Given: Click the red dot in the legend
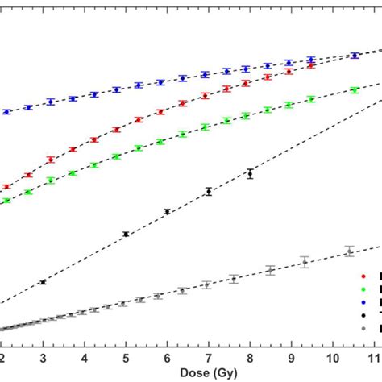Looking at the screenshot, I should pyautogui.click(x=362, y=274).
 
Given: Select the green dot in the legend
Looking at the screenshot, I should pyautogui.click(x=362, y=288).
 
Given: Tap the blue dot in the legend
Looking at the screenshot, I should pyautogui.click(x=362, y=301).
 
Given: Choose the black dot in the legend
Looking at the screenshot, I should pyautogui.click(x=362, y=315).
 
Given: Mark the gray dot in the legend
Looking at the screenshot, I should pyautogui.click(x=362, y=329).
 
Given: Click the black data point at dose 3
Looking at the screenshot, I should pyautogui.click(x=43, y=282).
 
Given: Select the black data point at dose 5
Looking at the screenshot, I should pyautogui.click(x=126, y=234).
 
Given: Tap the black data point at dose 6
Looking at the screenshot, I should pyautogui.click(x=167, y=212).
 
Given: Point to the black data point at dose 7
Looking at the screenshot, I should pyautogui.click(x=209, y=191).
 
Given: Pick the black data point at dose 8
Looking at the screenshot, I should pyautogui.click(x=250, y=173).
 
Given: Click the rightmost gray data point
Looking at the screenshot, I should pyautogui.click(x=349, y=251).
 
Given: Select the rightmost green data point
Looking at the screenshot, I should pyautogui.click(x=355, y=90).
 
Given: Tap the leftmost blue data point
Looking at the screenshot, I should pyautogui.click(x=6, y=111).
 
